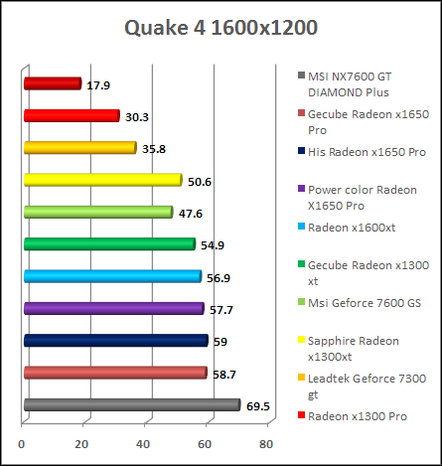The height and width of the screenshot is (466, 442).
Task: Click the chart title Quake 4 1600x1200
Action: (x=221, y=27)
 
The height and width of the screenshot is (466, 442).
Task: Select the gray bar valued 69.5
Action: (x=131, y=405)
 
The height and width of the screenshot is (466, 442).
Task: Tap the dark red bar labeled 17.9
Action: (x=52, y=84)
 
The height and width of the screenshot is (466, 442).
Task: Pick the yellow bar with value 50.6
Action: (x=102, y=181)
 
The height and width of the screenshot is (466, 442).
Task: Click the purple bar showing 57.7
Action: (x=113, y=309)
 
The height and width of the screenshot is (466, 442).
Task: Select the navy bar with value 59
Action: (x=115, y=341)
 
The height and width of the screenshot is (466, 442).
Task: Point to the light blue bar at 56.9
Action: (x=112, y=277)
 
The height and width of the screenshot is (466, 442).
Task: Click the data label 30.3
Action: (x=138, y=117)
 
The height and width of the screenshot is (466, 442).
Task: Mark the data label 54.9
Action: (x=213, y=244)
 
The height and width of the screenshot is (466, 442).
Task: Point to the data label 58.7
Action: (x=224, y=374)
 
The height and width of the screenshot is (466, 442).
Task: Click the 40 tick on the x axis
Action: (x=144, y=443)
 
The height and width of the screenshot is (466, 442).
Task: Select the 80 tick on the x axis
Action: (x=266, y=443)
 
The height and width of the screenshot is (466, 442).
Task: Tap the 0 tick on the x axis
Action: (x=23, y=443)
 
